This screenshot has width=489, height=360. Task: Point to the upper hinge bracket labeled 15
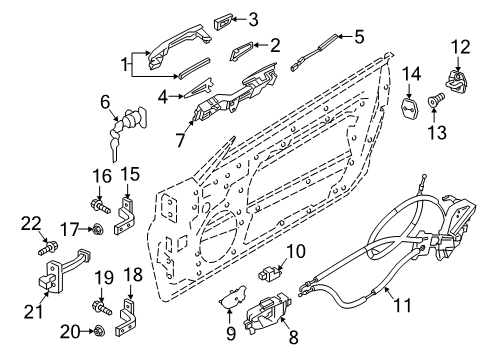pyautogui.click(x=126, y=212)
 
